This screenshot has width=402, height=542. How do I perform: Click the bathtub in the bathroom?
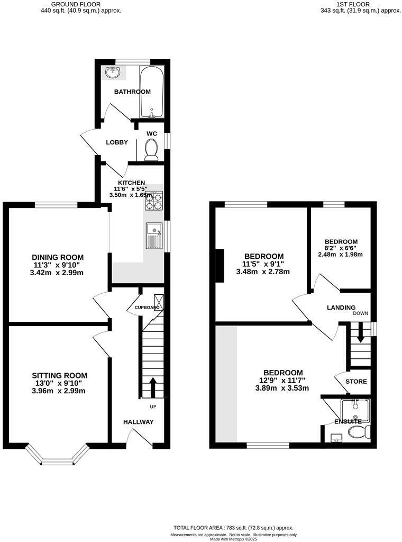[x=152, y=92]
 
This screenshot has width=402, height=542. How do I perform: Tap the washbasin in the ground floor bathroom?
[x=111, y=73]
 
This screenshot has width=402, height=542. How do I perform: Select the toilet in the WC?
[x=151, y=149]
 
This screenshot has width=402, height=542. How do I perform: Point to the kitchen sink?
[x=155, y=236]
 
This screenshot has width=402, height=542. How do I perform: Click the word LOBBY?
[x=117, y=142]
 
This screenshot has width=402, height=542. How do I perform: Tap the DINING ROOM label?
[x=58, y=257]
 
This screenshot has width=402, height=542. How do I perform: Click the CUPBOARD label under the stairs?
[x=147, y=308]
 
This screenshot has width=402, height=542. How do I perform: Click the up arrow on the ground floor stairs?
[x=152, y=387]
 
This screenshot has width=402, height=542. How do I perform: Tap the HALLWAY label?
[x=139, y=422]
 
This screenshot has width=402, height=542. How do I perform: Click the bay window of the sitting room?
[x=57, y=456]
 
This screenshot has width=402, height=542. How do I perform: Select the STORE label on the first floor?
[x=356, y=382]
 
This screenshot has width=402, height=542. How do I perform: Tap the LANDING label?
[x=341, y=308]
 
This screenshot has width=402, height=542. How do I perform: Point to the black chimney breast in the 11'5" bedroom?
[x=219, y=268]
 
